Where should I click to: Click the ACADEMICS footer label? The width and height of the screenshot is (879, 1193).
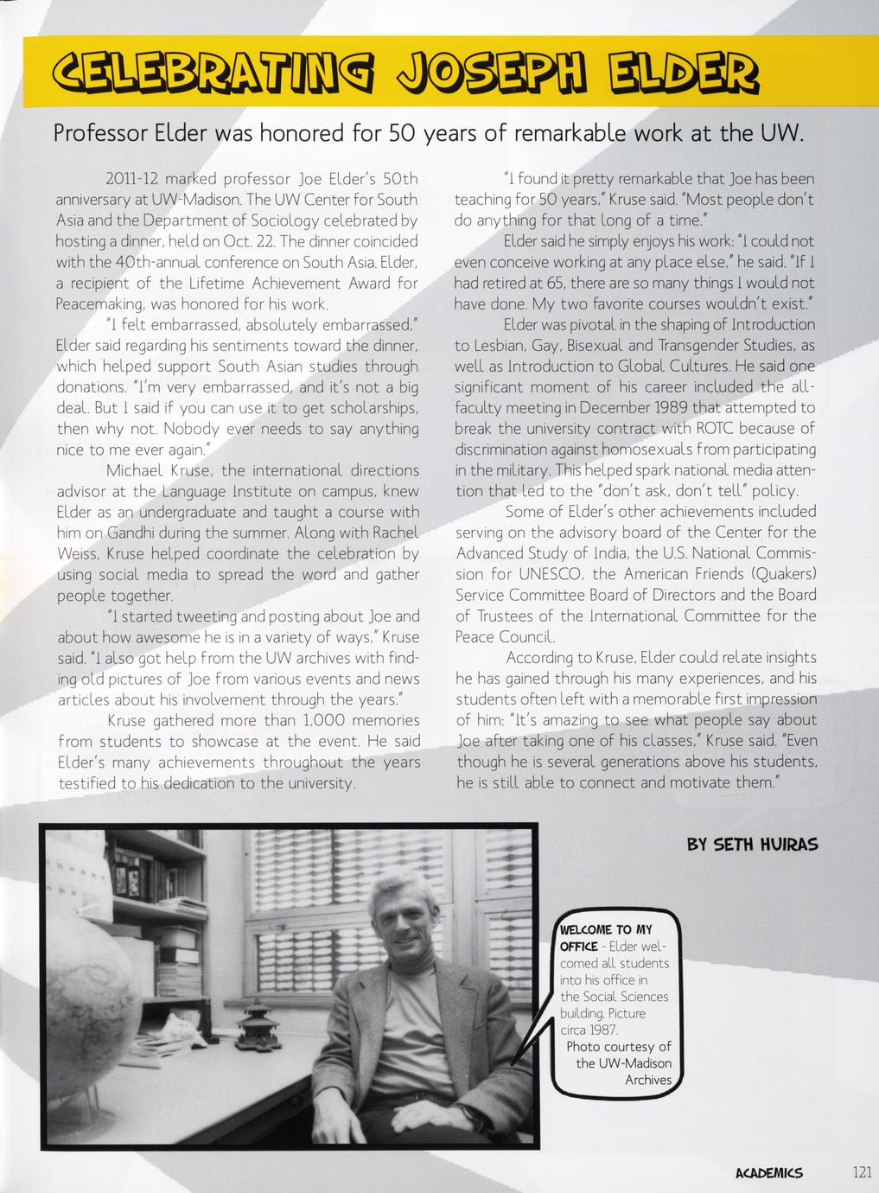pyautogui.click(x=768, y=1173)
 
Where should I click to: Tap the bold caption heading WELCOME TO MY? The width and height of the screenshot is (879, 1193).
pyautogui.click(x=606, y=930)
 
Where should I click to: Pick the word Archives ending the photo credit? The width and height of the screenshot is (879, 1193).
pyautogui.click(x=648, y=1080)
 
